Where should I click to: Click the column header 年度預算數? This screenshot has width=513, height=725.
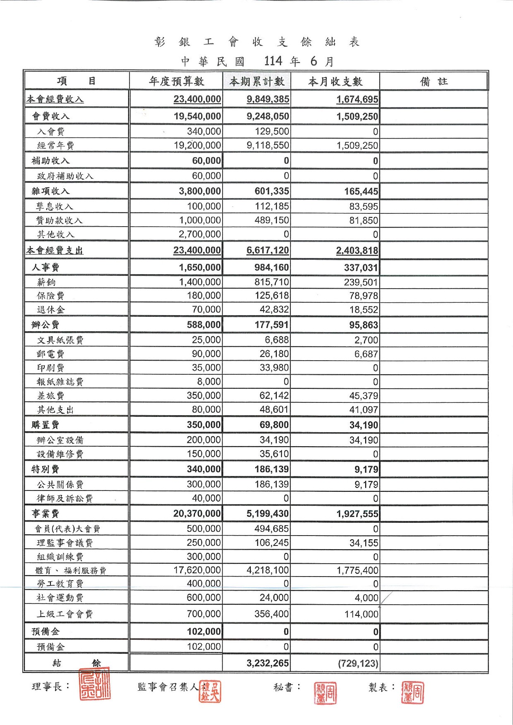(177, 81)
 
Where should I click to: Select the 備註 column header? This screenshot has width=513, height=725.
(434, 81)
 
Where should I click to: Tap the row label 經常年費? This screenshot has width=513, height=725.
(55, 146)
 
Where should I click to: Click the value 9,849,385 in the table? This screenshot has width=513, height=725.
(268, 99)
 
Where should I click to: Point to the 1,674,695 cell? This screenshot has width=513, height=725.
(357, 99)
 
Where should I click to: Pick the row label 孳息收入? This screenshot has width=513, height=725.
(55, 206)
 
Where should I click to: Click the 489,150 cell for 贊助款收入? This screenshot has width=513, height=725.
(272, 220)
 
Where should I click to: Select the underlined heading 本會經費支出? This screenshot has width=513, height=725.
(55, 251)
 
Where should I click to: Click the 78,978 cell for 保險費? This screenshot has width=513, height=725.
(364, 296)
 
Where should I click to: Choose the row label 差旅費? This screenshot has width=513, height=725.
(50, 396)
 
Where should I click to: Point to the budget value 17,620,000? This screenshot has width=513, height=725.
(197, 570)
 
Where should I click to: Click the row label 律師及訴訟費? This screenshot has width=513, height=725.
(65, 498)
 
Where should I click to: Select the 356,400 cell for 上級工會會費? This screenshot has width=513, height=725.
(271, 614)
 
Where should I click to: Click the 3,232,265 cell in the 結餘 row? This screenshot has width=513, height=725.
(268, 663)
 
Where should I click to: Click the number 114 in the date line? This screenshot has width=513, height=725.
(273, 61)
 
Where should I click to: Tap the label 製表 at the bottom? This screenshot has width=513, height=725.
(378, 687)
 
